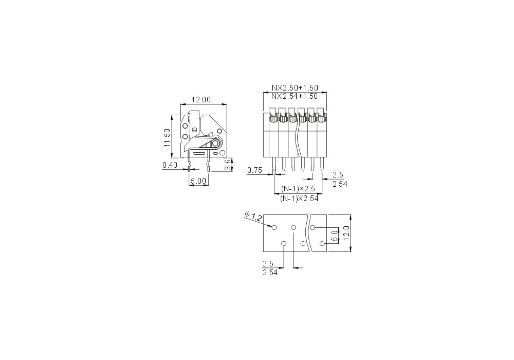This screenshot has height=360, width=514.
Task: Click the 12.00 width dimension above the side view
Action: click(x=201, y=100)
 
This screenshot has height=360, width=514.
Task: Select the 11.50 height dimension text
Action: click(x=167, y=137)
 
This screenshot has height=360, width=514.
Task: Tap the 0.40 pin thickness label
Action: click(x=170, y=165)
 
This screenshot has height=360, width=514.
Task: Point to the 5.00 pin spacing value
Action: click(x=199, y=181)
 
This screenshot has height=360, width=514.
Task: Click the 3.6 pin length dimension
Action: click(x=228, y=165)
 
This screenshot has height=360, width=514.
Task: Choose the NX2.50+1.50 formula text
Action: click(x=295, y=88)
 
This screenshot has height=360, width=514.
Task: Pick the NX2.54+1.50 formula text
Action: click(x=295, y=96)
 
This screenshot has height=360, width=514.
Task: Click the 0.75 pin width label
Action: click(x=255, y=170)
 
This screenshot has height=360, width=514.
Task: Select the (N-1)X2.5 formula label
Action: click(x=298, y=189)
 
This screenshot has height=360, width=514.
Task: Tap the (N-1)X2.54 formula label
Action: click(x=299, y=199)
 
